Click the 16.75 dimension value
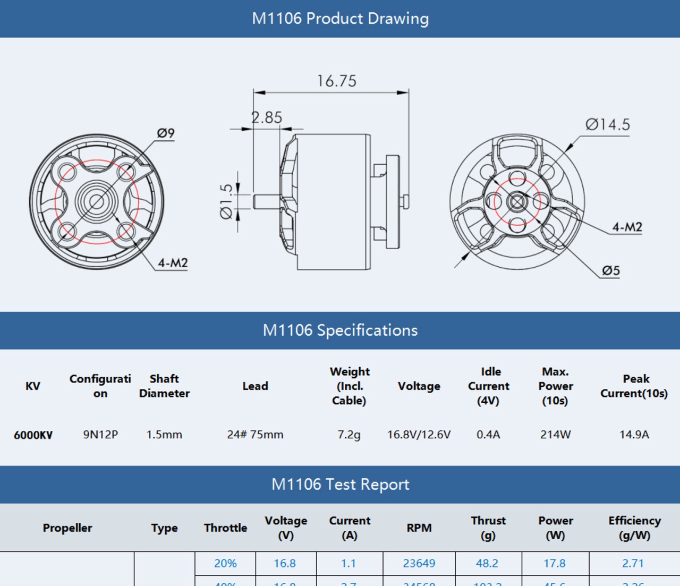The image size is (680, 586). (337, 81)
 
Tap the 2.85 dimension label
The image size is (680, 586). (267, 117)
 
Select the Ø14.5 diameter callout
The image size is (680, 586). (607, 125)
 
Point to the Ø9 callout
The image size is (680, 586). (166, 133)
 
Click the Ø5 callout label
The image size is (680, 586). (611, 271)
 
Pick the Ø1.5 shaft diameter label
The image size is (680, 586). (226, 201)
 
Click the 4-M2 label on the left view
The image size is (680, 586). (173, 263)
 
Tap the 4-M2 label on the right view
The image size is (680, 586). (627, 227)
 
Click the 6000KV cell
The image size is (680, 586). (33, 435)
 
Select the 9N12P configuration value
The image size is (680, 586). (100, 435)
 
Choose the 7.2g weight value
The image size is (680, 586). (349, 435)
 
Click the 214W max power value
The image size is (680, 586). (555, 435)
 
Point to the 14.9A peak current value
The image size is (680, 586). (634, 435)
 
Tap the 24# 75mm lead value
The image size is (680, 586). (255, 435)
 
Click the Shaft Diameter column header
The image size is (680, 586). (164, 386)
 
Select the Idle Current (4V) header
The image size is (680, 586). (489, 386)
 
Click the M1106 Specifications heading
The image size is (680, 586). (340, 330)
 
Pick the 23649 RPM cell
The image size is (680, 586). (419, 563)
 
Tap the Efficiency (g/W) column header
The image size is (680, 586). (634, 528)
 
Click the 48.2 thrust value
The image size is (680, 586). (487, 563)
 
